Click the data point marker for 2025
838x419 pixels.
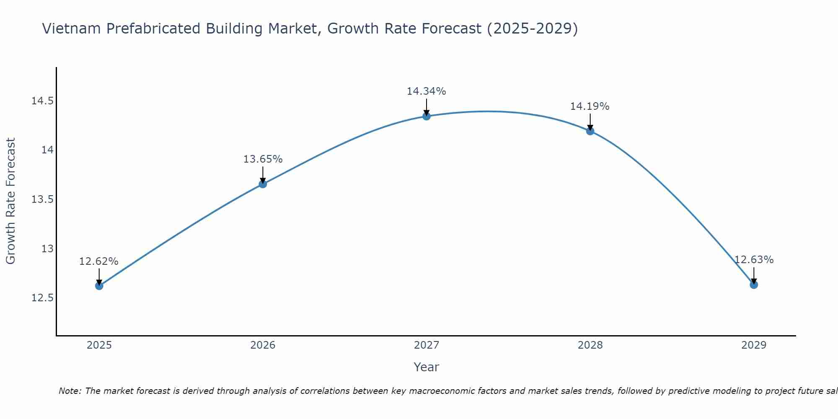[x=99, y=286]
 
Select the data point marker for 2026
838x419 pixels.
[x=263, y=184]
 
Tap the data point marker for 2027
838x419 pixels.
[x=426, y=116]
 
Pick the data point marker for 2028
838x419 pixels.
[x=590, y=131]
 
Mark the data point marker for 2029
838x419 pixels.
[x=753, y=285]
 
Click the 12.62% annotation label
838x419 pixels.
[x=99, y=261]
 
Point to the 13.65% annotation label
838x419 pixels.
[x=263, y=159]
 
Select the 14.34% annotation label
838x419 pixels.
[x=426, y=91]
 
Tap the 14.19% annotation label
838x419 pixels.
[x=590, y=106]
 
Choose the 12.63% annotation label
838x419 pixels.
[x=753, y=260]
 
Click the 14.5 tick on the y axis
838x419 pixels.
[x=42, y=101]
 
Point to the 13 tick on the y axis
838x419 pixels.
[x=47, y=249]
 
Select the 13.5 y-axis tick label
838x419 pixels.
[x=42, y=199]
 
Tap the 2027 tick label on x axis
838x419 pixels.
[x=426, y=345]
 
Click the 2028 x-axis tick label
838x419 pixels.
[x=590, y=345]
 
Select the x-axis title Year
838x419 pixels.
[x=426, y=367]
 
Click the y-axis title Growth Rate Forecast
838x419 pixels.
[x=10, y=201]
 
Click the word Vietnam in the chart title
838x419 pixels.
[x=72, y=28]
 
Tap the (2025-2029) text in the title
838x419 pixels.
[x=532, y=28]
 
